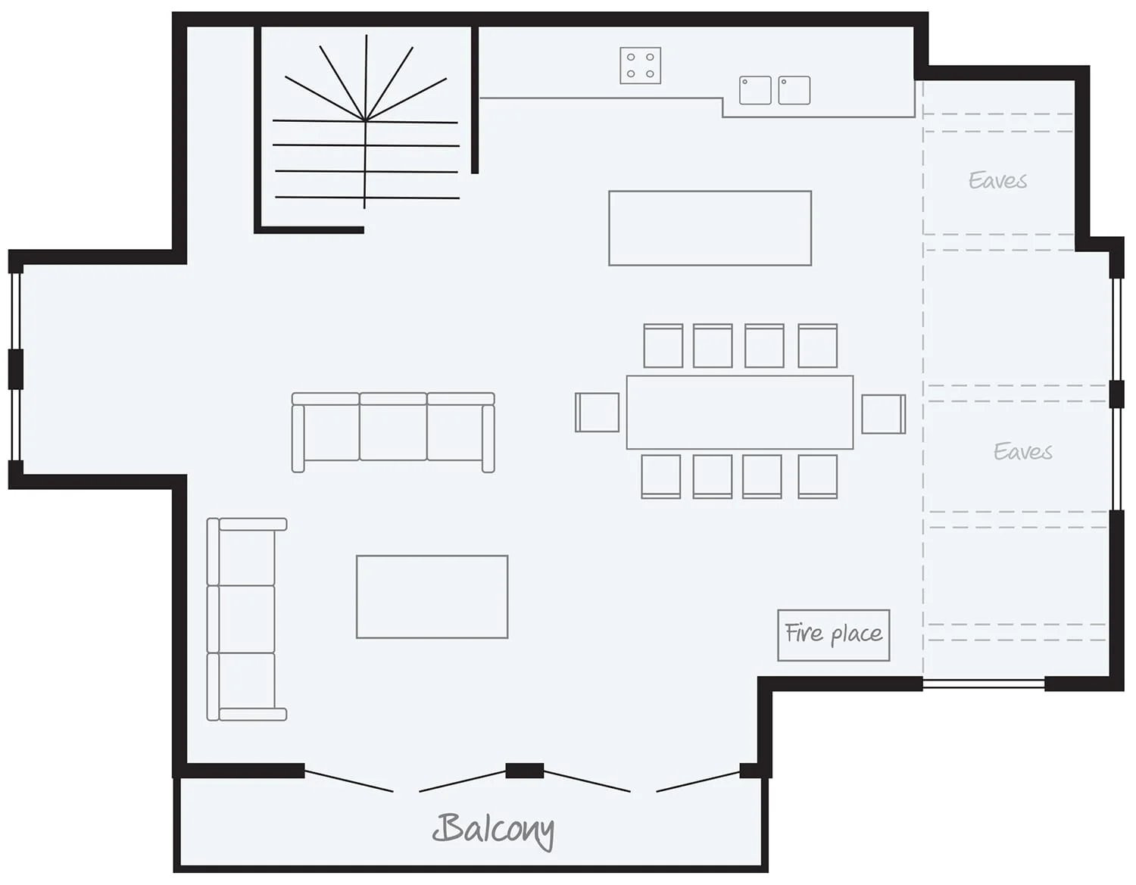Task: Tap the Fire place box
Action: [x=833, y=635]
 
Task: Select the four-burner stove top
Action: [x=641, y=65]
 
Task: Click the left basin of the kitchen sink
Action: [x=755, y=90]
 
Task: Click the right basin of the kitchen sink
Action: [x=794, y=90]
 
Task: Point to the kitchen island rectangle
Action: [x=710, y=229]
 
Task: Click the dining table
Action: [x=740, y=412]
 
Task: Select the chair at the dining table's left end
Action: [x=597, y=413]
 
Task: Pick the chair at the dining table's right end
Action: [x=884, y=414]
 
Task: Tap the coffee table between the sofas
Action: [x=432, y=597]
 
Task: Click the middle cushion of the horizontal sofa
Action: [x=393, y=427]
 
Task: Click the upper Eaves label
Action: [x=997, y=181]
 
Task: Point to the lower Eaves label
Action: [x=1022, y=451]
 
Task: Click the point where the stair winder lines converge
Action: [x=366, y=120]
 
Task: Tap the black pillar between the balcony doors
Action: [x=524, y=771]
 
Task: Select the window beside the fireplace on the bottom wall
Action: [x=983, y=684]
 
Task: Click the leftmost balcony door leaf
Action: [x=348, y=781]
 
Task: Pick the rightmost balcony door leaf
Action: [x=698, y=781]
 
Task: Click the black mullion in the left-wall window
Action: [x=16, y=369]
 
